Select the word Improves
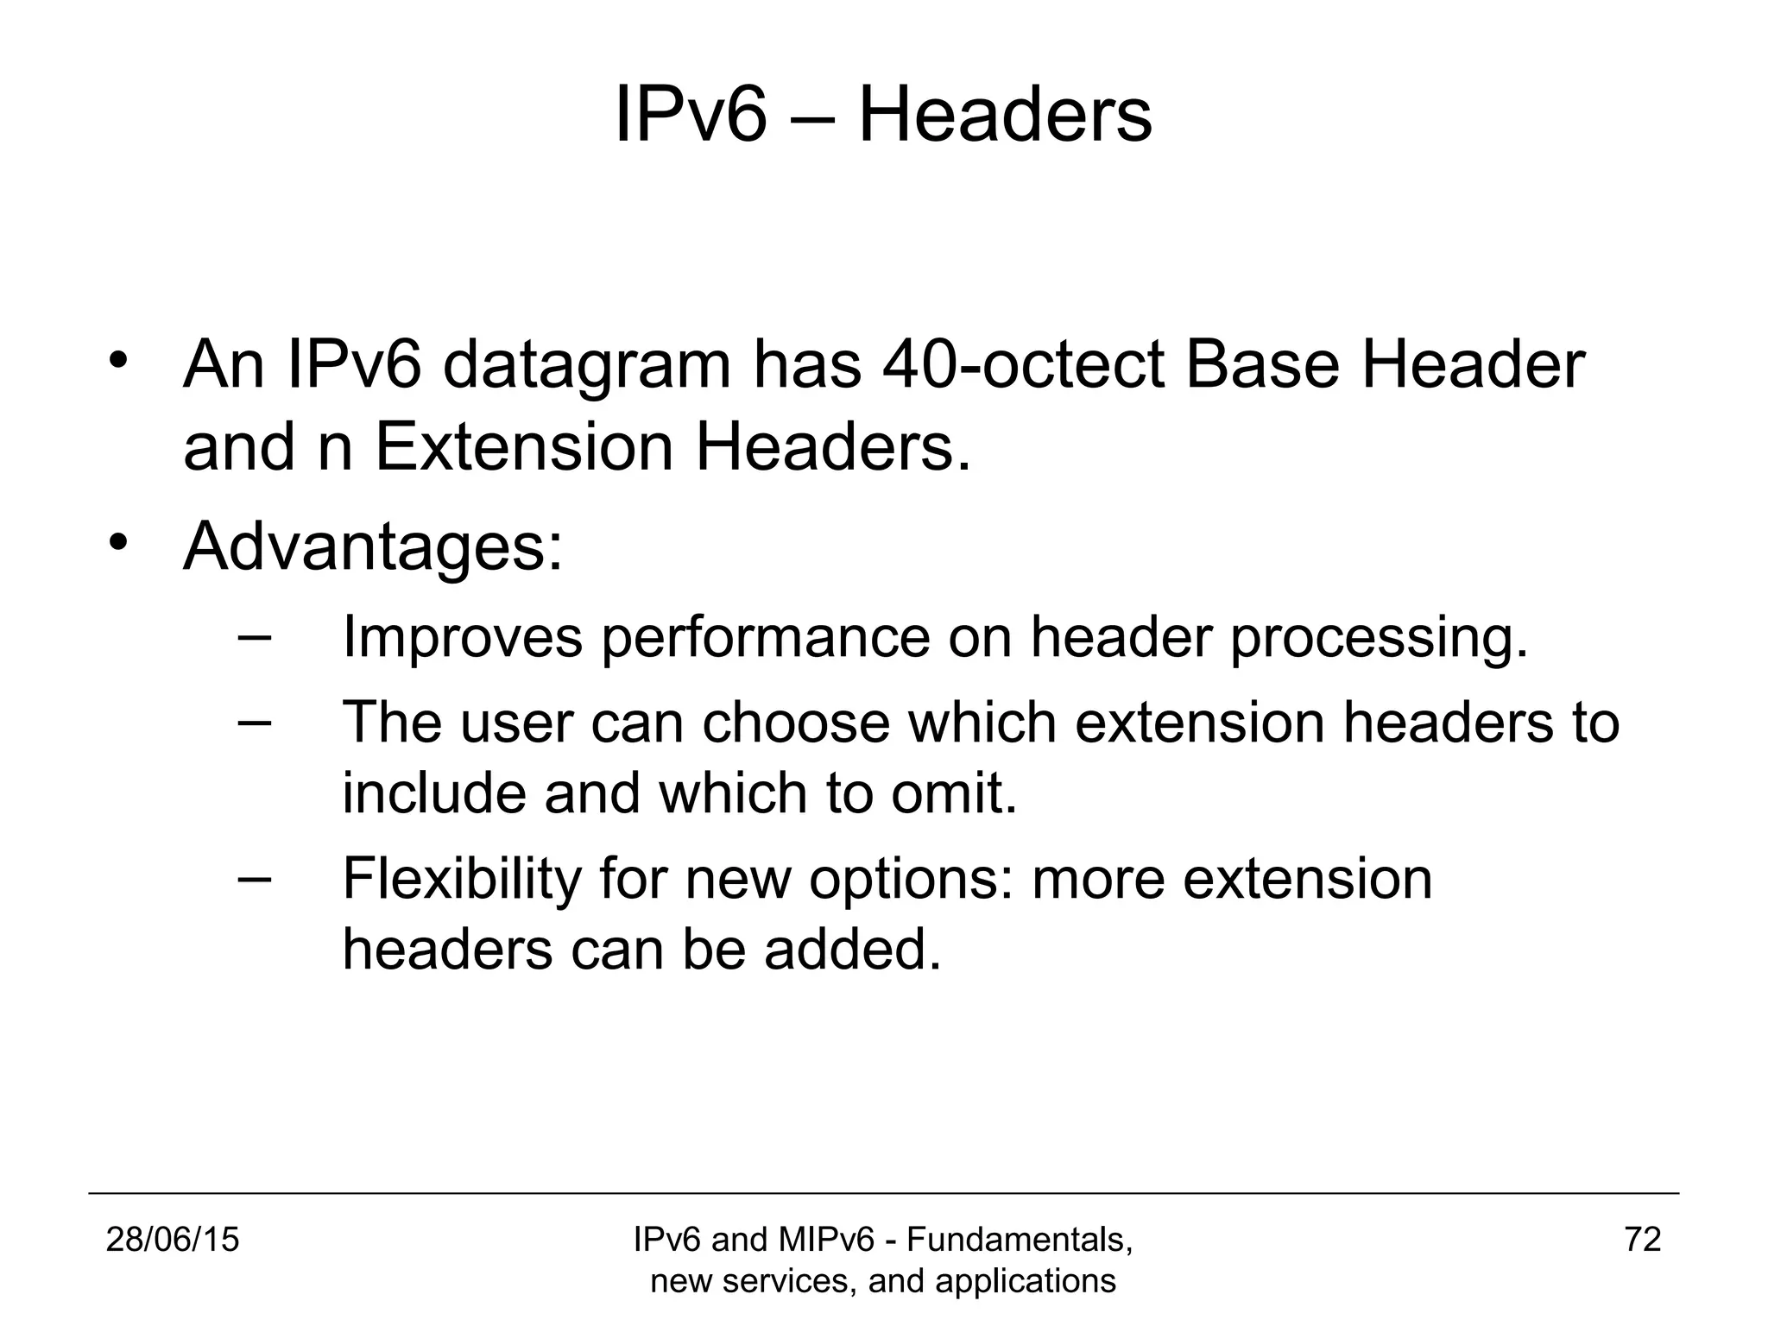coord(463,638)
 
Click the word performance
coord(766,638)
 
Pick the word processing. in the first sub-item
coord(1379,638)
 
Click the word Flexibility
coord(462,879)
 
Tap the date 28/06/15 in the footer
coord(173,1240)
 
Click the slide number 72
coord(1643,1240)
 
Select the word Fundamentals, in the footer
coord(1020,1240)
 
